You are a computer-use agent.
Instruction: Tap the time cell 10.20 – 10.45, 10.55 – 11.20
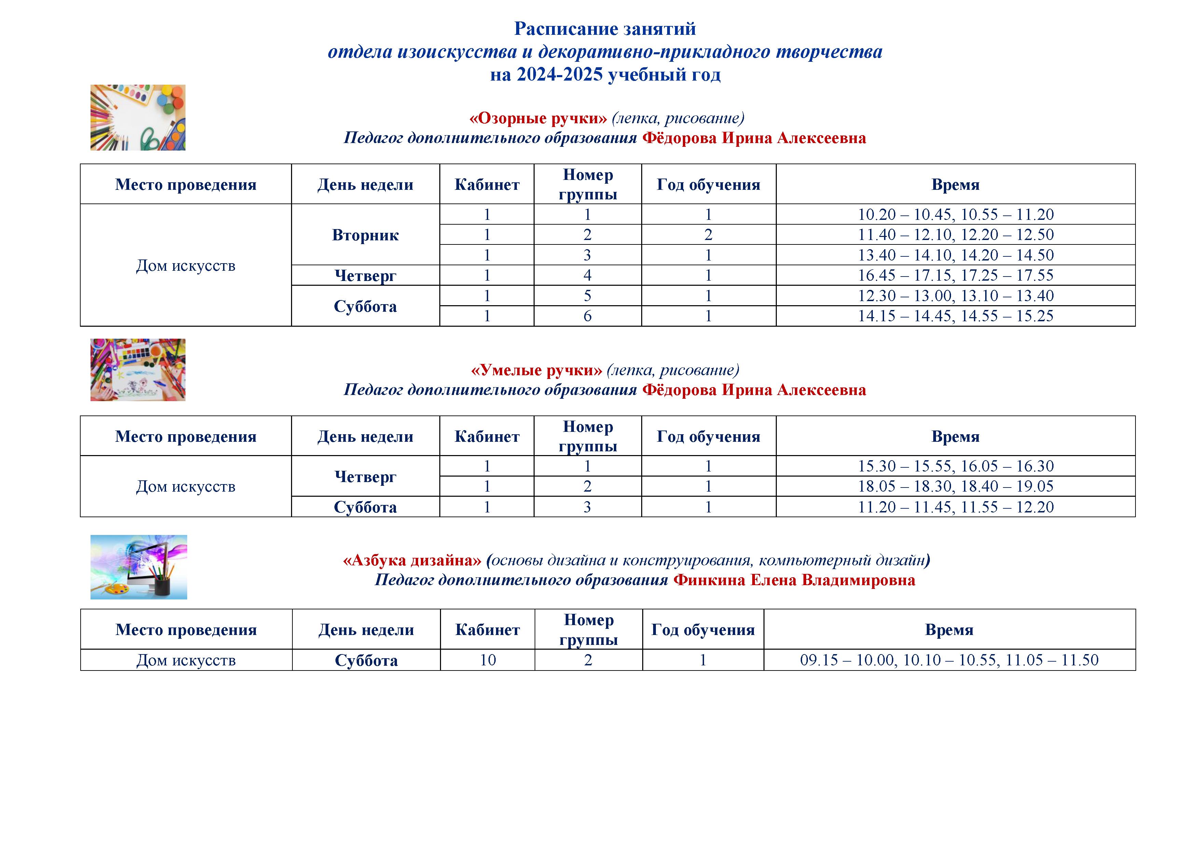pos(955,214)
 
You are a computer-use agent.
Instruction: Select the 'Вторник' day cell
pos(365,235)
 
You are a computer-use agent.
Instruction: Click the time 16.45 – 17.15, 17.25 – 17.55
pos(955,276)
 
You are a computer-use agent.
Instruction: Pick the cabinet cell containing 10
pos(487,660)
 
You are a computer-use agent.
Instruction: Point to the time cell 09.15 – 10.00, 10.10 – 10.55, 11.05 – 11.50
pos(949,660)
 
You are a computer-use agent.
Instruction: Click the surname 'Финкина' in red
pos(709,580)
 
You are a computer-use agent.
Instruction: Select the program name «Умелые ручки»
pos(536,370)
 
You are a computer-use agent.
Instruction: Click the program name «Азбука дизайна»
pos(412,561)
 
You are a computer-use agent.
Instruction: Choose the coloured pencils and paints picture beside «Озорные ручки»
pos(138,118)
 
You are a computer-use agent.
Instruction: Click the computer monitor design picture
pos(139,567)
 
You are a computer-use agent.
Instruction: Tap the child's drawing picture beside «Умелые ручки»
pos(138,370)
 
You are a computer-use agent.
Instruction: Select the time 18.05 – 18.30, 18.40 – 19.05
pos(955,486)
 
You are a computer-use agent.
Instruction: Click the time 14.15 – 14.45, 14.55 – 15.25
pos(955,316)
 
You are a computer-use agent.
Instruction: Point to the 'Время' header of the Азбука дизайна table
pos(949,630)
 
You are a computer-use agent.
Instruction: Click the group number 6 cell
pos(588,316)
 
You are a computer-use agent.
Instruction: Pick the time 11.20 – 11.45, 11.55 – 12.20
pos(955,507)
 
